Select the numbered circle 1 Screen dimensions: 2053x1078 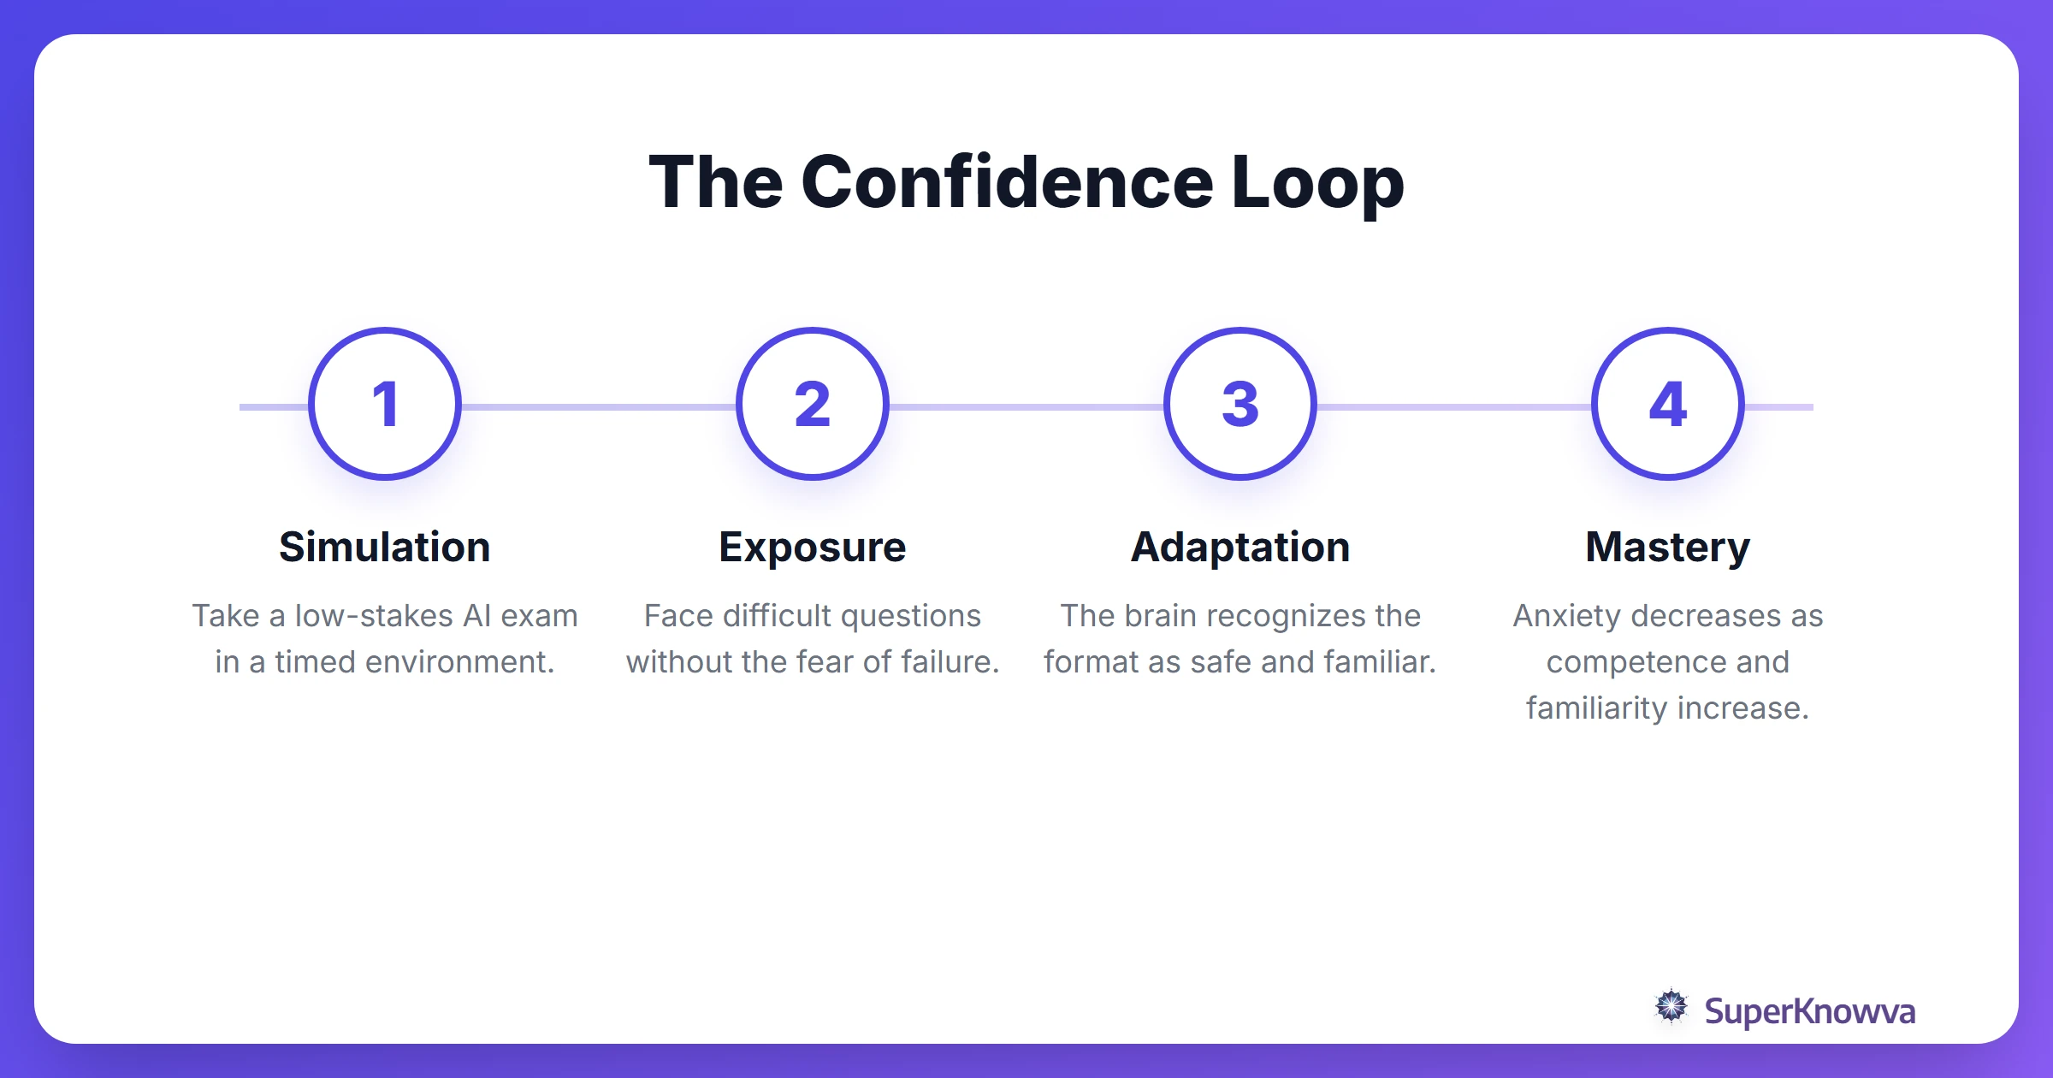(385, 404)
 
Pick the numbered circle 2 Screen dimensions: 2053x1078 (813, 404)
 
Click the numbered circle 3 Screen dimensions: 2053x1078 (1240, 404)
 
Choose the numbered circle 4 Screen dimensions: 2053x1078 (1668, 404)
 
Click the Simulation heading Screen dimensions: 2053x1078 (385, 547)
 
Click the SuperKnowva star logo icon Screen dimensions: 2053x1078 (1671, 1007)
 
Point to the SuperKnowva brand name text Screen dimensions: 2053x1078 (1810, 1012)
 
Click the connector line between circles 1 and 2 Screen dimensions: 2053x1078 (599, 407)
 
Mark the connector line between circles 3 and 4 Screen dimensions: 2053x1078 (1454, 407)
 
